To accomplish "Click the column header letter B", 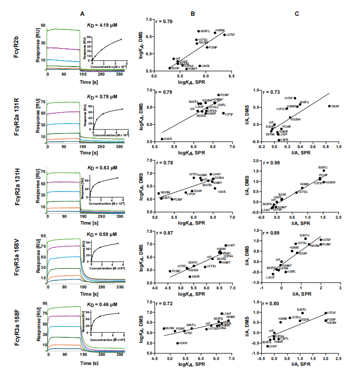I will [192, 14].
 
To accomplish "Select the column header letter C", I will [297, 14].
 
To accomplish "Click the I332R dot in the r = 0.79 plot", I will [162, 139].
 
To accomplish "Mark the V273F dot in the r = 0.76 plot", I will [224, 35].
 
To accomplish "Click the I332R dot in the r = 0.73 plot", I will [329, 106].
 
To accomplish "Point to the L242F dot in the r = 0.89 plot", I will [273, 274].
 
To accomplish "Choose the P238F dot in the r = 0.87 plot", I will [170, 271].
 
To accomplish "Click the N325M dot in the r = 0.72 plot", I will [163, 328].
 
